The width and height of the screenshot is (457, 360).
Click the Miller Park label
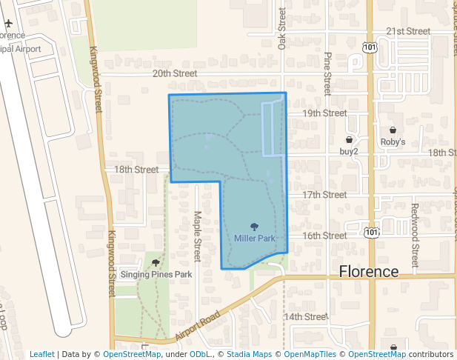[254, 239]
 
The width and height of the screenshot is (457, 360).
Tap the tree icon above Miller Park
[254, 227]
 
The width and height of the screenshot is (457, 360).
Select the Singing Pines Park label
[156, 274]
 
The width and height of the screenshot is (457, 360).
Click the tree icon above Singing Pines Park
[156, 263]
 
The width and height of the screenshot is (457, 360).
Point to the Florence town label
[369, 271]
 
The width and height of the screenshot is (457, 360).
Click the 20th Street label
[175, 73]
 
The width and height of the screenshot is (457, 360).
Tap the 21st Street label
[408, 32]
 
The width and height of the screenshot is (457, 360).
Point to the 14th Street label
[306, 316]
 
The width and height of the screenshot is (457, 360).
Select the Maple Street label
[198, 236]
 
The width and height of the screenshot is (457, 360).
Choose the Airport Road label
[199, 326]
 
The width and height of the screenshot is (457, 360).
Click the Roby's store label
[393, 141]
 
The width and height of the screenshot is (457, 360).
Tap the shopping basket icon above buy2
[349, 139]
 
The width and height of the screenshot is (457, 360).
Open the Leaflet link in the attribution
[42, 354]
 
